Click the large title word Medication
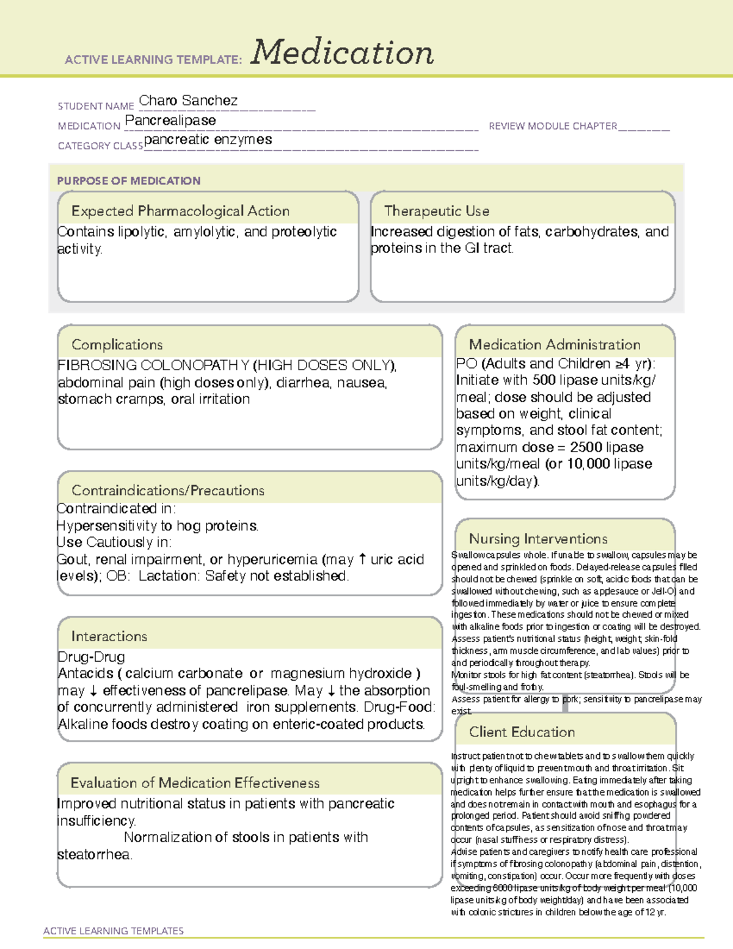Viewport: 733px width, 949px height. click(342, 53)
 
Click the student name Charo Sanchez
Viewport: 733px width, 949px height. click(188, 101)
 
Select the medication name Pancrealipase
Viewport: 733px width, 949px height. click(170, 121)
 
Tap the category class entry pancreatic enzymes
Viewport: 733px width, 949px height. click(208, 140)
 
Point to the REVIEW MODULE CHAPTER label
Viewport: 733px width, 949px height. click(553, 126)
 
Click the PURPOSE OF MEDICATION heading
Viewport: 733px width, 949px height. click(129, 181)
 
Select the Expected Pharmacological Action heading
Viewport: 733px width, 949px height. click(180, 211)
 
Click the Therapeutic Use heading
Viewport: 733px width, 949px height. click(437, 211)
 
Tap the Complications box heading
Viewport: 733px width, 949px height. click(117, 345)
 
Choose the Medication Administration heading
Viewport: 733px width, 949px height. click(555, 345)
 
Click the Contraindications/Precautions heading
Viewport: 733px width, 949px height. click(168, 491)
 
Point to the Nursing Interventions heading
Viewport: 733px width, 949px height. click(538, 539)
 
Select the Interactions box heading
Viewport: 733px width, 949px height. click(109, 637)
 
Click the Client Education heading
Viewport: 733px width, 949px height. click(522, 732)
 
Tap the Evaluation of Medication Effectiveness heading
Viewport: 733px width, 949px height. click(195, 783)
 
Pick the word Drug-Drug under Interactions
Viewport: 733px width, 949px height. click(91, 657)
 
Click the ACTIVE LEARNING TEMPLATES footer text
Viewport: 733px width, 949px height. click(114, 931)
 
